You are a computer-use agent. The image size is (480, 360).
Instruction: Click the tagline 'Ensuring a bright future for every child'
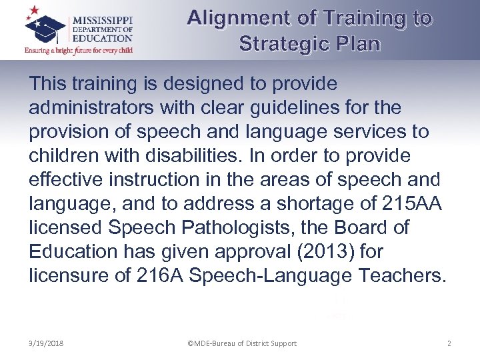tap(79, 51)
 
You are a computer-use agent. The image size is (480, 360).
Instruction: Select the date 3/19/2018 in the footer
tap(46, 343)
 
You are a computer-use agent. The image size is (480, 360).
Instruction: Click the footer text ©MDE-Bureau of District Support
tap(242, 343)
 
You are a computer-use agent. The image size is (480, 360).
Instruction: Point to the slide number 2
tap(449, 343)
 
